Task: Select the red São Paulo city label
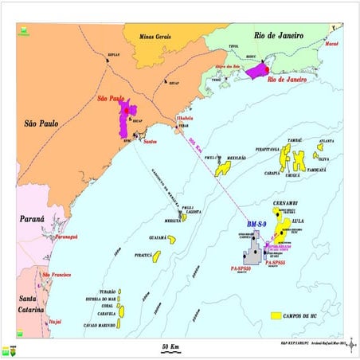coord(112,100)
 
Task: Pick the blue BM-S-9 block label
coord(260,225)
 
